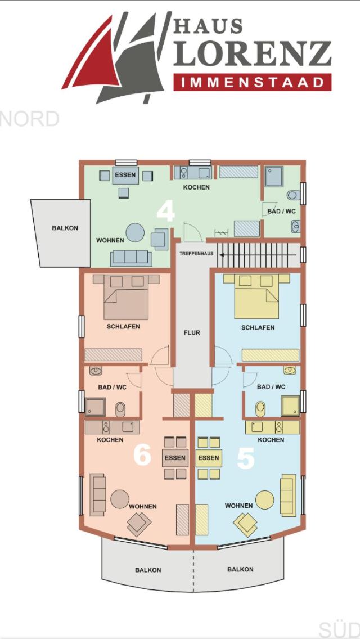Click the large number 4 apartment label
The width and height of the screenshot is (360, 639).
165,211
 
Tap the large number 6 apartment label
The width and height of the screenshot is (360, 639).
143,455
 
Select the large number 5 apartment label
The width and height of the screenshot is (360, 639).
246,458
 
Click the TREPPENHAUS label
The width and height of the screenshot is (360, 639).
196,254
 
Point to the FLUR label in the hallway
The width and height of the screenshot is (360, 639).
192,332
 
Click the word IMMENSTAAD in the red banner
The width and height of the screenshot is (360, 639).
252,83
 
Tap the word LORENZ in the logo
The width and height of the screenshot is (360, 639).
252,53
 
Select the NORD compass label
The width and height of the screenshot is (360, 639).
29,119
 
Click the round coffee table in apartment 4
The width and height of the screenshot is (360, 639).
135,232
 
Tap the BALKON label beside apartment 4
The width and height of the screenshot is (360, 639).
65,228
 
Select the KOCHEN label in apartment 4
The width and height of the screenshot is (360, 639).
196,187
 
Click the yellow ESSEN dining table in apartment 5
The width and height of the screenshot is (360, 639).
209,458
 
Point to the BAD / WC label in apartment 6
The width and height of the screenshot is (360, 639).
112,387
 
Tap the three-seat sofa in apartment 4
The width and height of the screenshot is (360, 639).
131,258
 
